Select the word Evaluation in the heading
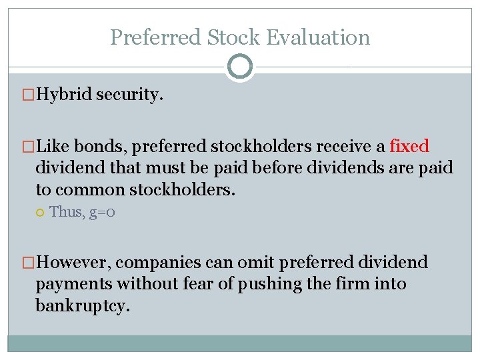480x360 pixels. (x=318, y=37)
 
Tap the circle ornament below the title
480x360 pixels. (x=240, y=67)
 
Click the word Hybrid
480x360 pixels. (x=64, y=95)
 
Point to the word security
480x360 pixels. (x=129, y=95)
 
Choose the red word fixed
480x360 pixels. (x=409, y=146)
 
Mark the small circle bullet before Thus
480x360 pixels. (x=41, y=212)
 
